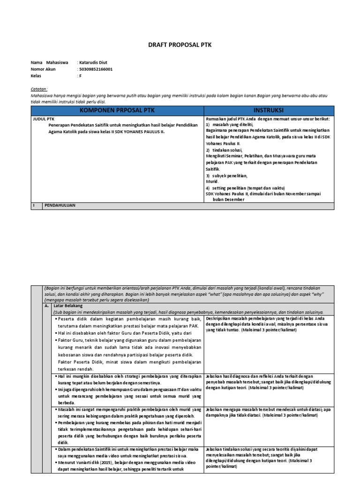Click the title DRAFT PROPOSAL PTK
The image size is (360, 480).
coord(180,45)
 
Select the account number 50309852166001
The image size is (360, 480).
coord(96,69)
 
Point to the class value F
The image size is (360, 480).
coord(80,75)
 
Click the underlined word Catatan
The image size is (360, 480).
coord(40,89)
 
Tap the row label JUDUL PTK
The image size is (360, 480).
coord(41,119)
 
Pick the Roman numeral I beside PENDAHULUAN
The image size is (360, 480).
coord(33,205)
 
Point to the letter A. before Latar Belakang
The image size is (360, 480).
coord(46,304)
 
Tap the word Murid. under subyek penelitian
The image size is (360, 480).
coord(212,181)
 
